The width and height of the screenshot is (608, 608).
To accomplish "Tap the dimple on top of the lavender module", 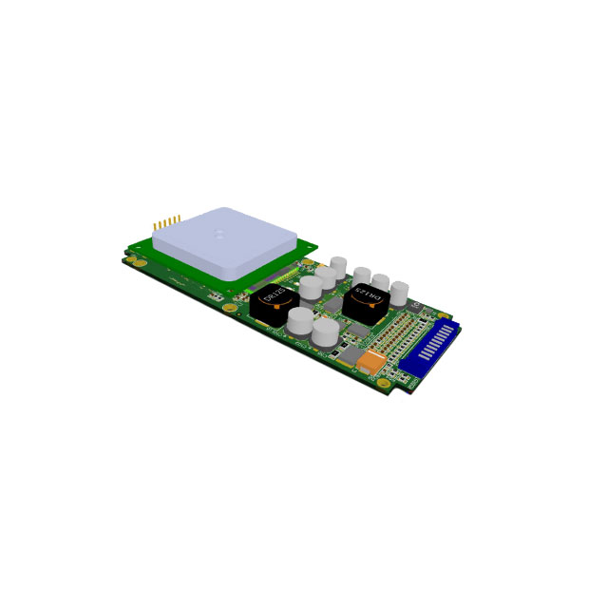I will pyautogui.click(x=219, y=230).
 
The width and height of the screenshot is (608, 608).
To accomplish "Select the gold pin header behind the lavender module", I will pyautogui.click(x=167, y=222).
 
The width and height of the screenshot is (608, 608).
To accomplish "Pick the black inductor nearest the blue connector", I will pyautogui.click(x=365, y=300).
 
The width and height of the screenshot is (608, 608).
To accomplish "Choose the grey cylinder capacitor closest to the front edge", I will pyautogui.click(x=324, y=332).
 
